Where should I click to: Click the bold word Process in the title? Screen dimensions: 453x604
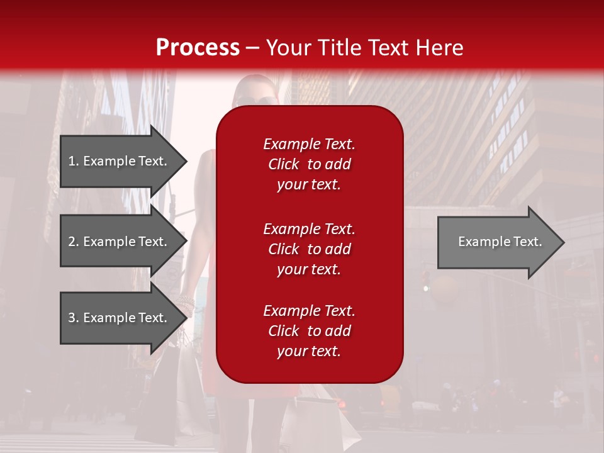[x=198, y=48]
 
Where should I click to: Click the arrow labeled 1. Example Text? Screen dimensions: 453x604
[x=120, y=161]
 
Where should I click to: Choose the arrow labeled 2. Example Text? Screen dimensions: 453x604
[x=120, y=242]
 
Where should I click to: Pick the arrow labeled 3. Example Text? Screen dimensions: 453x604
[x=120, y=318]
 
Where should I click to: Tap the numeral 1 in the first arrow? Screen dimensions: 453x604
[x=72, y=161]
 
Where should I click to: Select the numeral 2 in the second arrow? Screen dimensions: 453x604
[x=72, y=242]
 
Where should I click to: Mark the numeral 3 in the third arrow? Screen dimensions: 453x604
[x=72, y=318]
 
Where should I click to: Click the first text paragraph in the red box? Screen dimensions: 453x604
[x=309, y=164]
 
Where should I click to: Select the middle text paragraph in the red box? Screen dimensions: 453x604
[x=309, y=249]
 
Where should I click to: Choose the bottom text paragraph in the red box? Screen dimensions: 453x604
[x=309, y=331]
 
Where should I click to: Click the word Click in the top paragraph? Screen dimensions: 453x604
[x=283, y=164]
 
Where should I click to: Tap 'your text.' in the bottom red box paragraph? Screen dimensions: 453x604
[x=309, y=351]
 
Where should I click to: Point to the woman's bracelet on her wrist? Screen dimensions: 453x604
[x=186, y=302]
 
